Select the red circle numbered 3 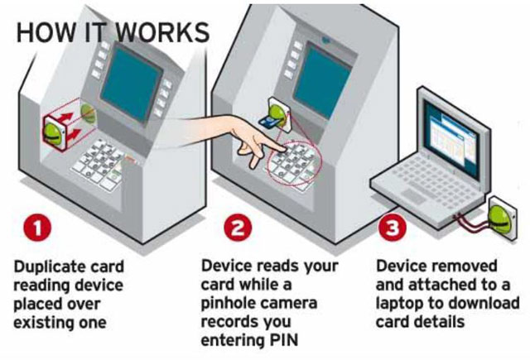tap(389, 229)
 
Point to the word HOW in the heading tap(41, 31)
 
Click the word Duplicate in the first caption tap(47, 267)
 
